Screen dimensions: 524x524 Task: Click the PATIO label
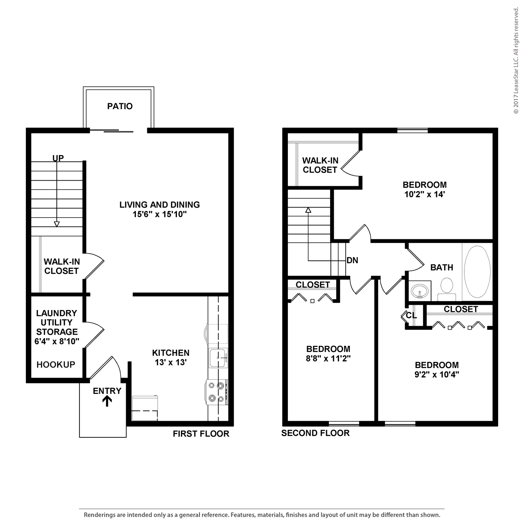coord(120,106)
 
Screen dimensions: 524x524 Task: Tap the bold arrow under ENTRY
coord(107,401)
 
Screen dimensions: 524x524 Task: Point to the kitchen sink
coord(218,358)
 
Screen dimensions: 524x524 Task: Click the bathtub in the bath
coord(477,272)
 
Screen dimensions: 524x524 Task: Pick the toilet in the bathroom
coord(447,289)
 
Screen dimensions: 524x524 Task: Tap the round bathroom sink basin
coord(420,291)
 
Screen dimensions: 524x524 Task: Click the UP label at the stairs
coord(58,158)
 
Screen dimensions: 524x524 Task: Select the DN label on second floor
coord(352,260)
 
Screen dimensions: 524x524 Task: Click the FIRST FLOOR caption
coord(201,434)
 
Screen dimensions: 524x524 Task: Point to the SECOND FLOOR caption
coord(315,433)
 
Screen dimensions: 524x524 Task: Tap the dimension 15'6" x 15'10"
coord(160,214)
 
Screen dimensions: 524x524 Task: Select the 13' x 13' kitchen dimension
coord(171,362)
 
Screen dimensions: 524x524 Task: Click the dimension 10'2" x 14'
coord(424,194)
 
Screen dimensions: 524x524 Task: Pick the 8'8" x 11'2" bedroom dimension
coord(328,358)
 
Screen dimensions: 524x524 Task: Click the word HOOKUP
coord(56,365)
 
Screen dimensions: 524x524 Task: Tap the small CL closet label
coord(411,315)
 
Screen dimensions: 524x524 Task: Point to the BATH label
coord(442,268)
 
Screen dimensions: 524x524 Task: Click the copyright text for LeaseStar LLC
coord(516,61)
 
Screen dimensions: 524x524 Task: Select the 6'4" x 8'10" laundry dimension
coord(57,341)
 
